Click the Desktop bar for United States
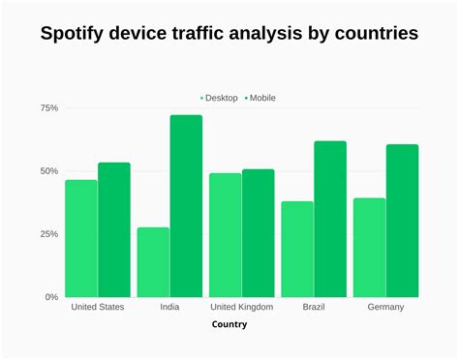pos(81,239)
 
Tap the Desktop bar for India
pos(153,262)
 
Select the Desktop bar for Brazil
pos(297,250)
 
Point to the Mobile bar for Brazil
pos(329,220)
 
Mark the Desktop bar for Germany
pos(369,248)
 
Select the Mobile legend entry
pos(260,98)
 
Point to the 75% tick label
pos(48,108)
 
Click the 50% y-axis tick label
pos(48,171)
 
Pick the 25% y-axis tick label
pos(48,234)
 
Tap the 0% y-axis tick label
pos(51,297)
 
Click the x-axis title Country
pos(229,324)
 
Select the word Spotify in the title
pos(78,34)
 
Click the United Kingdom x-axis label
pos(242,307)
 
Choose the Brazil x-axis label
pos(314,307)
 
